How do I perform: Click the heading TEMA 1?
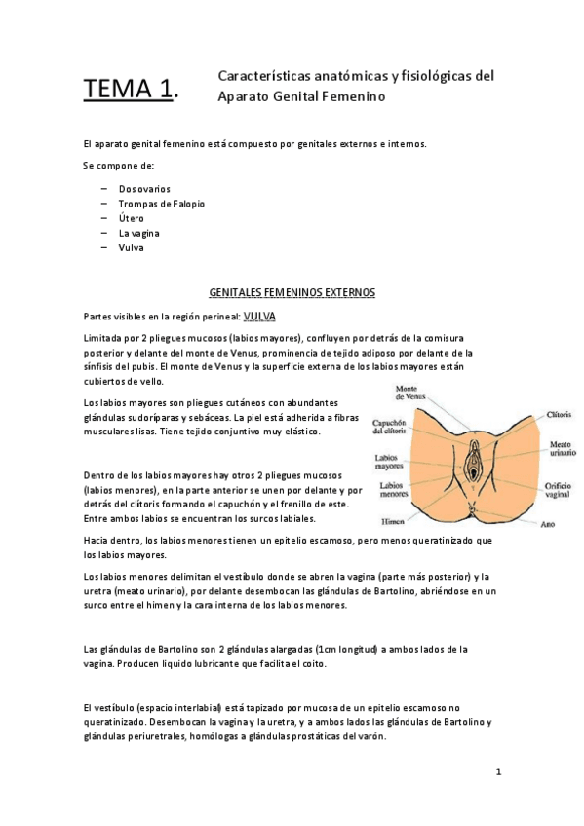132,91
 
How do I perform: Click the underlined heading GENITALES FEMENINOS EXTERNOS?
292,291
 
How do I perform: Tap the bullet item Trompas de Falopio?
162,204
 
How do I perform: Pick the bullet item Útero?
131,218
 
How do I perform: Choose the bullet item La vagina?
138,233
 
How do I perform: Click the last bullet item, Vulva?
131,247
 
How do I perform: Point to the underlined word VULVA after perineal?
259,316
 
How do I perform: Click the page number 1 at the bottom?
497,773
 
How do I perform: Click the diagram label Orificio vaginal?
531,488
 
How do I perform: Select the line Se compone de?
119,166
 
